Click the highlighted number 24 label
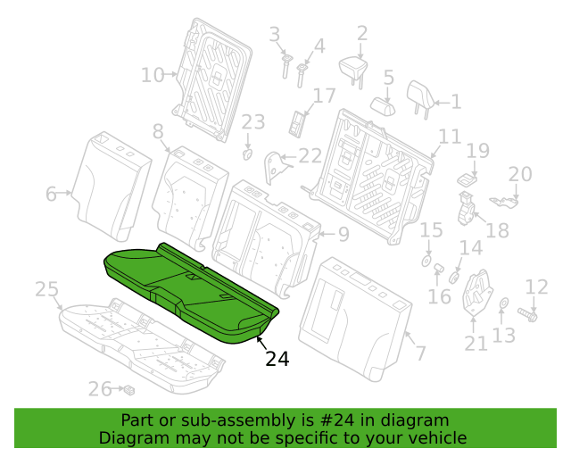pos(277,359)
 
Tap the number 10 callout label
pos(153,75)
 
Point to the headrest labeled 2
pos(353,70)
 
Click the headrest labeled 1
pos(420,98)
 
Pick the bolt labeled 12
pos(527,314)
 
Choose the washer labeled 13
pos(504,303)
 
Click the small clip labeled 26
pos(129,390)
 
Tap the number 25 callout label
pos(46,290)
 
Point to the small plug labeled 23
pos(248,154)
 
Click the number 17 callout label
pos(324,96)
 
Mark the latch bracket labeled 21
pos(477,292)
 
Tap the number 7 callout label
pos(420,353)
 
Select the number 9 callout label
pos(343,234)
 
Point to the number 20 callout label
pos(520,174)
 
